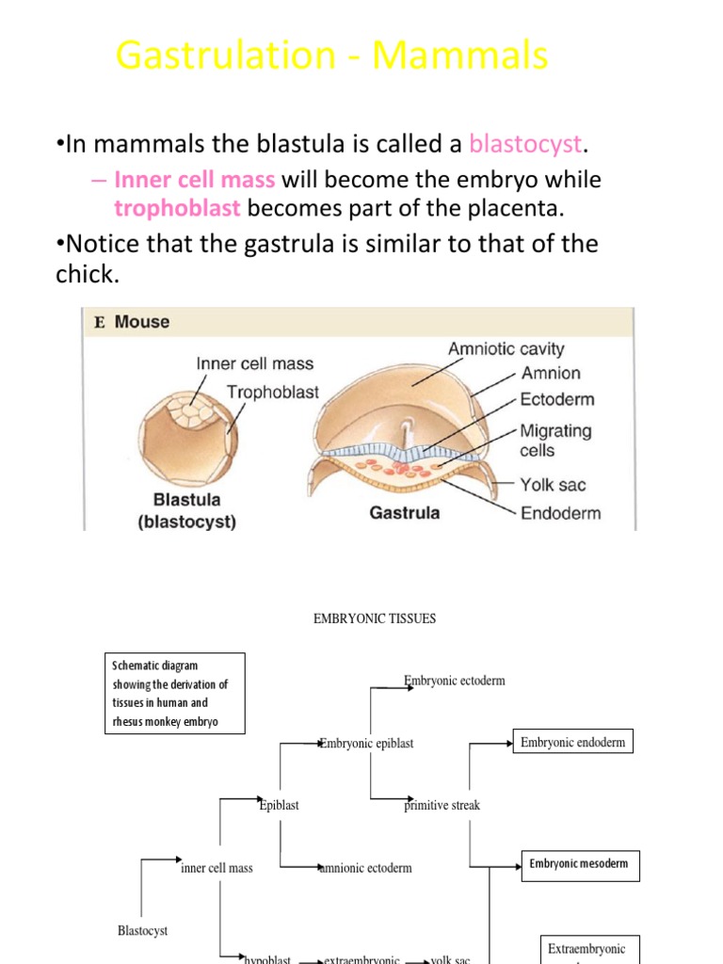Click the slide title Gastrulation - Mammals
[x=331, y=56]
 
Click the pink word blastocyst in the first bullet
[x=526, y=144]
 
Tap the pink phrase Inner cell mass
[x=195, y=180]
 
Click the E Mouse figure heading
[x=132, y=322]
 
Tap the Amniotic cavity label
[x=506, y=348]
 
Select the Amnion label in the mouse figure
[x=551, y=373]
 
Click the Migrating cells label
[x=555, y=441]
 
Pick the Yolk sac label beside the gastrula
[x=553, y=486]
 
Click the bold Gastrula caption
[x=404, y=514]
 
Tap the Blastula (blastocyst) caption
[x=186, y=511]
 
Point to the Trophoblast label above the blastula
[x=273, y=392]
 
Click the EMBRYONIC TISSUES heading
[x=374, y=619]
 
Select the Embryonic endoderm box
[x=572, y=742]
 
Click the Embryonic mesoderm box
[x=579, y=864]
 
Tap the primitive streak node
[x=442, y=806]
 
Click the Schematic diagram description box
[x=175, y=694]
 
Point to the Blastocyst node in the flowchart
[x=143, y=931]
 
